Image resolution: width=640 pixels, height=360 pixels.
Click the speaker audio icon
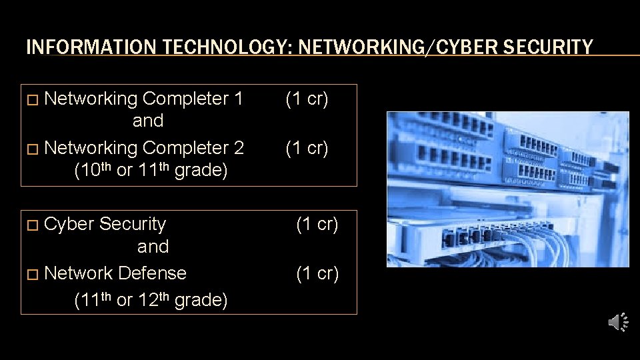[x=618, y=323]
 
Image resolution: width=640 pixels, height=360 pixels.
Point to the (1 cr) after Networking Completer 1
[x=307, y=99]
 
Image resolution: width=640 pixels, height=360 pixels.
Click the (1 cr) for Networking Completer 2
[x=307, y=147]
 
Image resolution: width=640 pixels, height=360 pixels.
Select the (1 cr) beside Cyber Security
[x=317, y=224]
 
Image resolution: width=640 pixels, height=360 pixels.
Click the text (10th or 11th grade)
[x=151, y=170]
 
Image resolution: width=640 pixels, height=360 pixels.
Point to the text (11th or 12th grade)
[x=151, y=300]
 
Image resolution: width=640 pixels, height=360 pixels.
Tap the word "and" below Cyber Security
[x=153, y=247]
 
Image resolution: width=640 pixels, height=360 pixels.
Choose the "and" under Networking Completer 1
[x=148, y=121]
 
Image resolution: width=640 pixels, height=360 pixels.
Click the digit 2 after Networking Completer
[x=239, y=147]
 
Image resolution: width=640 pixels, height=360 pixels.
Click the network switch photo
[x=508, y=189]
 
